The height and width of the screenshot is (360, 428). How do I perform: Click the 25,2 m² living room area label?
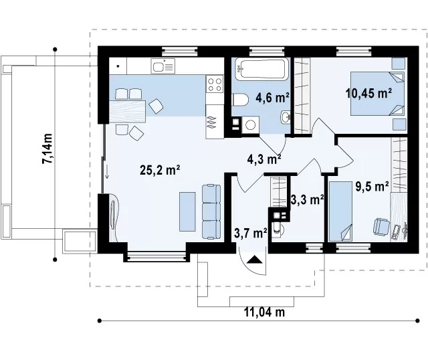pyautogui.click(x=160, y=170)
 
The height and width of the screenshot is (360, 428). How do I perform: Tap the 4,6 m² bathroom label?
pyautogui.click(x=272, y=97)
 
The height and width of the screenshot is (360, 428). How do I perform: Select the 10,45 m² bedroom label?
pyautogui.click(x=369, y=94)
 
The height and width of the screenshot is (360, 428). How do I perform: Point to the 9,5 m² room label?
pyautogui.click(x=372, y=187)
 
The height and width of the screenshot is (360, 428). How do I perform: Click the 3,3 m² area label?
pyautogui.click(x=308, y=199)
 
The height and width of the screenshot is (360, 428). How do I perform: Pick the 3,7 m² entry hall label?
pyautogui.click(x=251, y=234)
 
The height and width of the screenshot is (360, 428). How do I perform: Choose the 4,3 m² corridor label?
pyautogui.click(x=264, y=159)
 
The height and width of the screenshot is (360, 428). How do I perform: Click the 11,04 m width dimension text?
pyautogui.click(x=264, y=312)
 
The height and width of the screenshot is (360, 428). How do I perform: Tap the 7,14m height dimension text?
pyautogui.click(x=47, y=149)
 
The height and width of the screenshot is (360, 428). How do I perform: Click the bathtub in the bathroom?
pyautogui.click(x=262, y=69)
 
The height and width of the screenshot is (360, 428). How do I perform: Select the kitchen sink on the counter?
pyautogui.click(x=163, y=66)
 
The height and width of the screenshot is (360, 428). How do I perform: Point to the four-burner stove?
pyautogui.click(x=215, y=84)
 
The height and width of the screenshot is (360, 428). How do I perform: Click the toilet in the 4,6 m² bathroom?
pyautogui.click(x=240, y=100)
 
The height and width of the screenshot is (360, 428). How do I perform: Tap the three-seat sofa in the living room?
pyautogui.click(x=211, y=212)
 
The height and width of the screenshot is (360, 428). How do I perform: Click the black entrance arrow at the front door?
pyautogui.click(x=254, y=259)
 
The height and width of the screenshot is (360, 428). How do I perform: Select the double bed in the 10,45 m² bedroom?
pyautogui.click(x=377, y=94)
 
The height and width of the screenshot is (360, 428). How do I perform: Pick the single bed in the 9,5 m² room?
pyautogui.click(x=340, y=211)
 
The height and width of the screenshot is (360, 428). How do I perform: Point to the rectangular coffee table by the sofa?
pyautogui.click(x=187, y=211)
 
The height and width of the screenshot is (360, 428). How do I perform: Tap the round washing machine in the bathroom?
pyautogui.click(x=251, y=125)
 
